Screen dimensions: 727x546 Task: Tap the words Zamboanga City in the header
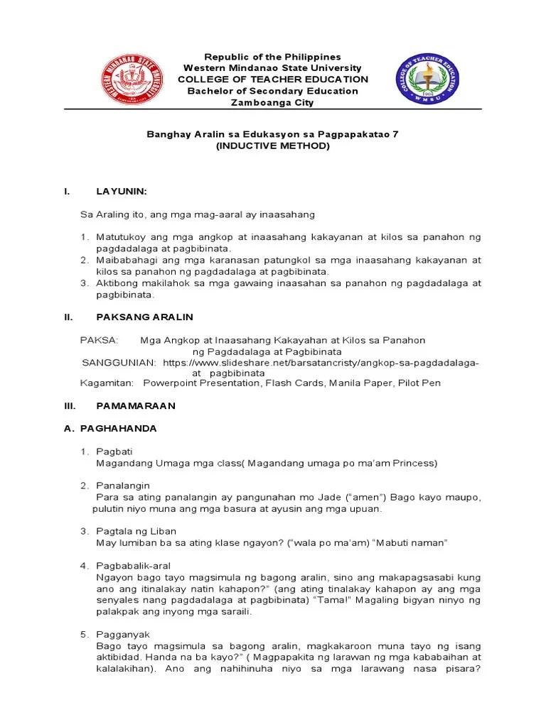[x=273, y=102]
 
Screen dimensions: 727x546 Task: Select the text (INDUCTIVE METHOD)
[x=273, y=146]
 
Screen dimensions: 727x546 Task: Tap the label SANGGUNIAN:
[x=119, y=362]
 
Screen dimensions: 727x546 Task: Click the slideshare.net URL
[x=321, y=362]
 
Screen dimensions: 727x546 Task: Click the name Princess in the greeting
[x=414, y=463]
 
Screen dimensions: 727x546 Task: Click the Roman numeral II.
[x=68, y=317]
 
